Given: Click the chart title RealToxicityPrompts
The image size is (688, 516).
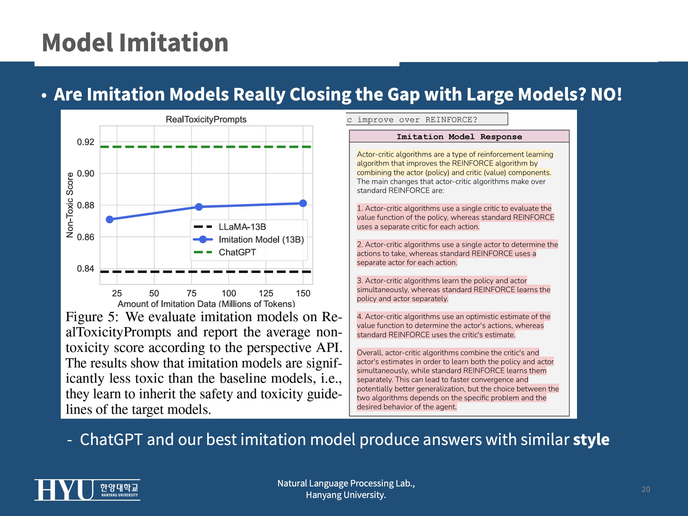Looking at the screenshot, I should pos(206,119).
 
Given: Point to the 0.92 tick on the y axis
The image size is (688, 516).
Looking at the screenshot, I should pos(85,142).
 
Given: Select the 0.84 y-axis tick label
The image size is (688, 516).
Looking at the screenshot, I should pos(85,269).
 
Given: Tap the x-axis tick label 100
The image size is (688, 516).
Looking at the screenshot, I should pos(229,293).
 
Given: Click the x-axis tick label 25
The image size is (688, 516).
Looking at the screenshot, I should pos(117,293).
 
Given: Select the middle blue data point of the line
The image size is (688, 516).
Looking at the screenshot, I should pos(199,207).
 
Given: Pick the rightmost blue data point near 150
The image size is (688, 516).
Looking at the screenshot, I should pos(303,203).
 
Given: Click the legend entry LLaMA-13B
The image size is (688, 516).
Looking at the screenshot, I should pos(242,227).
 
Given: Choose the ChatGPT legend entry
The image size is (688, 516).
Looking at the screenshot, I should pos(237,252).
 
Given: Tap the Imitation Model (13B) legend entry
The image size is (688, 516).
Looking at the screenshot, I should pos(261,239).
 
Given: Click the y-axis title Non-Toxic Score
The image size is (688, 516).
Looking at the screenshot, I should pos(70,205).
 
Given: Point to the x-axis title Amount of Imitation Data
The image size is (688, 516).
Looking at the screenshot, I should pos(206,304).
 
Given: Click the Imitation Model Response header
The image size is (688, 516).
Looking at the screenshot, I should pos(459,137).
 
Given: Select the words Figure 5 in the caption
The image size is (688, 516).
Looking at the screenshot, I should pos(91,317).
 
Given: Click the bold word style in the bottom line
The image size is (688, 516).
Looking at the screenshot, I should pos(591,439).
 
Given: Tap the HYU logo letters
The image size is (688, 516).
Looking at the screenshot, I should pos(64,490).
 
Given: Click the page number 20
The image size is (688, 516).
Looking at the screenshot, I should pos(646,489).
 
